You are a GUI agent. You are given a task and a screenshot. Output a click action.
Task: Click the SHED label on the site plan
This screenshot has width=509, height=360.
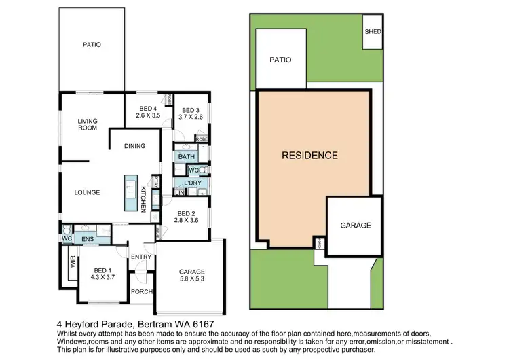[373, 31]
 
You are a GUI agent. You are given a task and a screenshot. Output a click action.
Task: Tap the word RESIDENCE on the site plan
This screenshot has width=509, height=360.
[309, 156]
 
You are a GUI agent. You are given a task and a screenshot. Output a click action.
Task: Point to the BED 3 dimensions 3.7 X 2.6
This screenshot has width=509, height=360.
[191, 117]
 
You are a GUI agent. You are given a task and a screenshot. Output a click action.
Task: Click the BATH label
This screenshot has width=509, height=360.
[186, 157]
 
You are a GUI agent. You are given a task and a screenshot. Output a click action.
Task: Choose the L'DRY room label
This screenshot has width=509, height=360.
[191, 183]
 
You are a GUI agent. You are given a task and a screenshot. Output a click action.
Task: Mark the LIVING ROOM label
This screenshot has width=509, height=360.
[88, 124]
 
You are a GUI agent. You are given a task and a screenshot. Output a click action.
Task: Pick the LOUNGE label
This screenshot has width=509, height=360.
[87, 192]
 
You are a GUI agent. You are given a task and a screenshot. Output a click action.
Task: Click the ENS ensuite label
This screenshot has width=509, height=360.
[87, 239]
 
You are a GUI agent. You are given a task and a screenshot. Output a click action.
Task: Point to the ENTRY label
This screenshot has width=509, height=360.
[141, 257]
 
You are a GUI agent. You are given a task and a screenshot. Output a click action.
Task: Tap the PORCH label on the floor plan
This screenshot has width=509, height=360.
[141, 292]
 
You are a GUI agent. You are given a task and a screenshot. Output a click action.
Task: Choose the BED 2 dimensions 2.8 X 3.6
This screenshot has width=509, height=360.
[185, 221]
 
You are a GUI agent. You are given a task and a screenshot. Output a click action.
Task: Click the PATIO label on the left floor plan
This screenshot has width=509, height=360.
[92, 45]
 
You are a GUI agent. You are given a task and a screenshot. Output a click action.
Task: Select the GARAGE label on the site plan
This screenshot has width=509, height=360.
[355, 226]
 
